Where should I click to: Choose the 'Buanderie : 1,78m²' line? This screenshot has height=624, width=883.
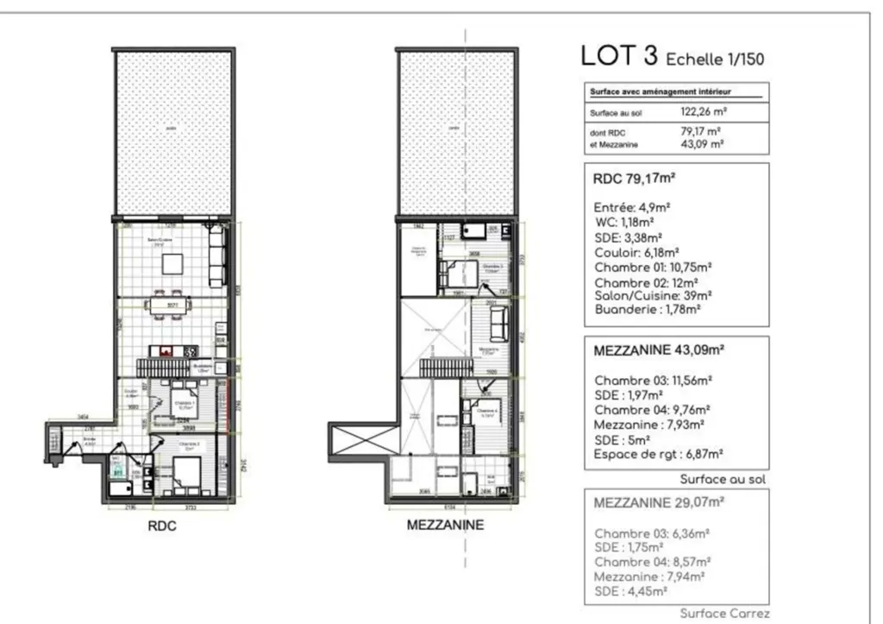[x=647, y=307]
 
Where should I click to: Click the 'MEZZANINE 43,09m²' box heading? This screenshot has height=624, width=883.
[x=659, y=351]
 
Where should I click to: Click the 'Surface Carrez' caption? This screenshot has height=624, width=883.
[x=724, y=614]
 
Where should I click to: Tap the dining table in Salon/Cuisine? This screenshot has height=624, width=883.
[x=174, y=304]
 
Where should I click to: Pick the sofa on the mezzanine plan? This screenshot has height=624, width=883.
[x=498, y=325]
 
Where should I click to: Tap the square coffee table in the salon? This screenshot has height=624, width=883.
[x=173, y=262]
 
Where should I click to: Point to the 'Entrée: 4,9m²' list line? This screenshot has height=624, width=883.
[x=633, y=208]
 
